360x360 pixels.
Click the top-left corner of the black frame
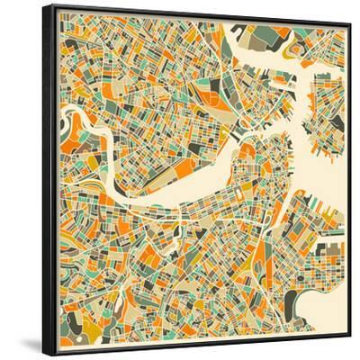[x=43, y=5]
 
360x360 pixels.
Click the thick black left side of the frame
[x=47, y=180]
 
